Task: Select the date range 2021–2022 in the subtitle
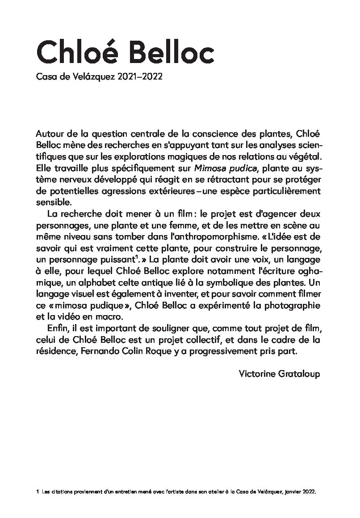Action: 140,77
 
